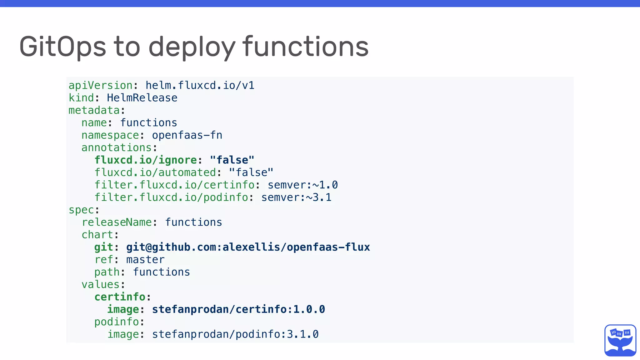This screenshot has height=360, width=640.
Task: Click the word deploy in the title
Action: click(191, 47)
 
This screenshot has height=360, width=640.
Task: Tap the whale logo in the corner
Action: click(620, 340)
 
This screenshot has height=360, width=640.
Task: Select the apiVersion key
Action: click(101, 85)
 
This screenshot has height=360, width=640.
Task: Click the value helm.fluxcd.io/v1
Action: click(200, 85)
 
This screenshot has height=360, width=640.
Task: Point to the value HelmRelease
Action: click(142, 98)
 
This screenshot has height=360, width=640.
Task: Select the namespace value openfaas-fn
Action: click(187, 135)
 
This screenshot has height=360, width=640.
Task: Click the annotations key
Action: click(117, 147)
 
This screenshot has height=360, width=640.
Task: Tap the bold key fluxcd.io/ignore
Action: click(146, 160)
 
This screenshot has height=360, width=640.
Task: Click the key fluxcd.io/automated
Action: click(155, 172)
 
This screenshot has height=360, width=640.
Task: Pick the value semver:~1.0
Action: click(302, 185)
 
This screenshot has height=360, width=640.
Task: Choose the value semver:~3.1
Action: click(296, 197)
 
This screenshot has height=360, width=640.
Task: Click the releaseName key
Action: click(117, 222)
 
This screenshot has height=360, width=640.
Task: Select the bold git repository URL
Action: click(248, 247)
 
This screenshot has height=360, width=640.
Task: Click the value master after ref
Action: click(145, 260)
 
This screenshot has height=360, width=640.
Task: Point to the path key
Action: click(107, 272)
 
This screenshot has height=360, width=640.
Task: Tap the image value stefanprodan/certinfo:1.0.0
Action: click(238, 309)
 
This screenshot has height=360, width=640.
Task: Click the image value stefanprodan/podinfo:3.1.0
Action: click(235, 334)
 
